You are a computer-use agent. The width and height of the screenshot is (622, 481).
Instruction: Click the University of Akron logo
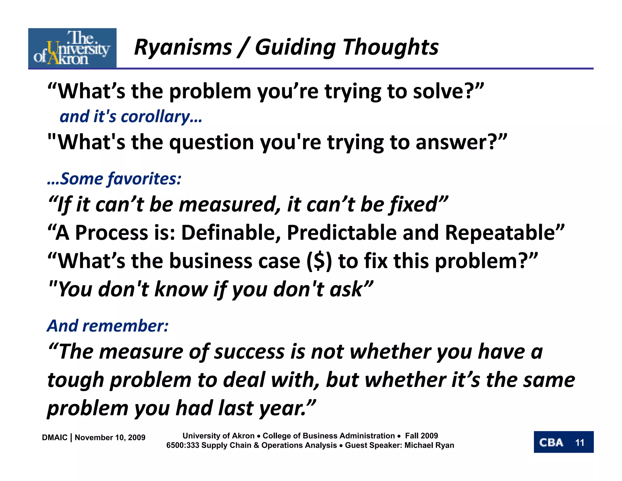coord(72,48)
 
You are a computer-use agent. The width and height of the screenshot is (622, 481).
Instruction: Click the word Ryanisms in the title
coord(183,48)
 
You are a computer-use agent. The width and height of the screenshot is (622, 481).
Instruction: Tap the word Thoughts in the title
coord(391,48)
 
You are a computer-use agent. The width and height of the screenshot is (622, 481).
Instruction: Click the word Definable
coord(231,233)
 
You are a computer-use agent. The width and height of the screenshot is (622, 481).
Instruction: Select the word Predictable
coord(342,233)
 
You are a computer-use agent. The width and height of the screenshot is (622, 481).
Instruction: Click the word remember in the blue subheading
coord(125,326)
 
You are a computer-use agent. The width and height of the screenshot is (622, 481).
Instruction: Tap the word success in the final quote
coord(249,351)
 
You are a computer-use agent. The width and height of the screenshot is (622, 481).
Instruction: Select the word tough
coord(76,380)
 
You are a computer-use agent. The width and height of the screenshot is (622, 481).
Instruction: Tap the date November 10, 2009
coord(110,438)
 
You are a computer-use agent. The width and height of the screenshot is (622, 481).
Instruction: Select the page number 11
coord(579,442)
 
